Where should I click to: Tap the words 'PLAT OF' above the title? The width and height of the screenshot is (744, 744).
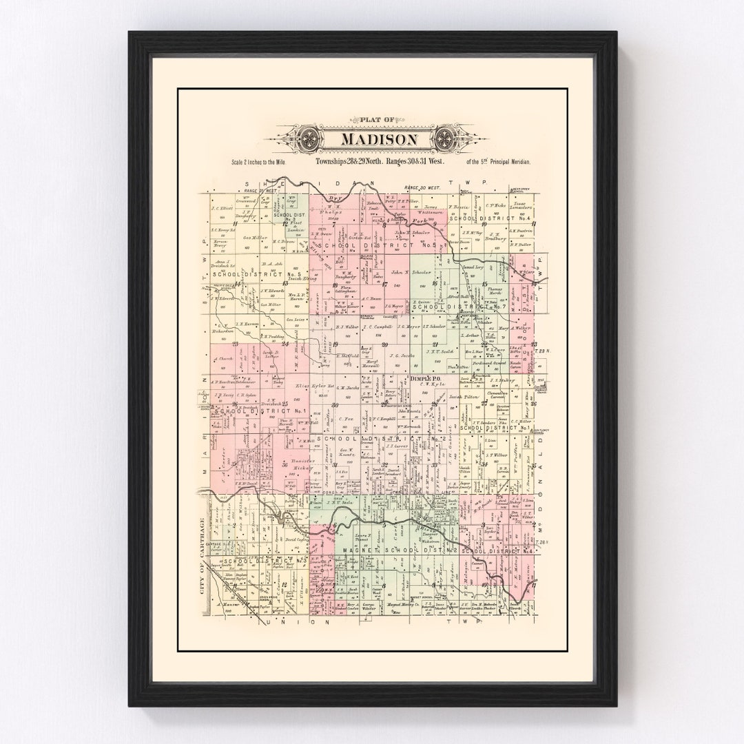click(372, 119)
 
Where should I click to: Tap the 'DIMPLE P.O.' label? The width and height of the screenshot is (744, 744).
click(424, 379)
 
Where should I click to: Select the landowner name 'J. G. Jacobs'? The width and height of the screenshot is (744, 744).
click(401, 355)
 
